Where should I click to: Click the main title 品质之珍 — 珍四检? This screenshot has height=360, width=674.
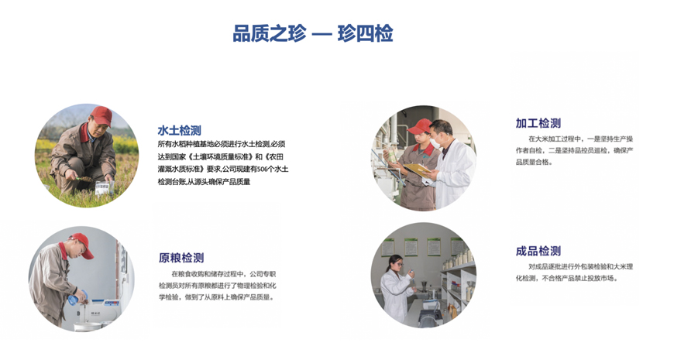[x=312, y=33]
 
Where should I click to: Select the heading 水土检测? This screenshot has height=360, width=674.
[x=179, y=130]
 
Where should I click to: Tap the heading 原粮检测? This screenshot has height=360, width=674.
[x=181, y=258]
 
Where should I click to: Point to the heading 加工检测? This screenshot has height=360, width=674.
[x=538, y=123]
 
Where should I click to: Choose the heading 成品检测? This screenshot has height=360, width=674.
[x=538, y=251]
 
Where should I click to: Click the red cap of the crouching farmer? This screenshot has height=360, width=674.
[x=101, y=116]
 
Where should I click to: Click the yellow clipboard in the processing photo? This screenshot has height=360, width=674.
[x=417, y=169]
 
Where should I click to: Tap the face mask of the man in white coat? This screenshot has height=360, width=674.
[x=435, y=143]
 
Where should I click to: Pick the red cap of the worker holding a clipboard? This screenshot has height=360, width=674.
[x=420, y=126]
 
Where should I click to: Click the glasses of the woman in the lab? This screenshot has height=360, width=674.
[x=398, y=264]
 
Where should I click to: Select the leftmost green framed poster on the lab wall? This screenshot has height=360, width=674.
[x=387, y=248]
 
